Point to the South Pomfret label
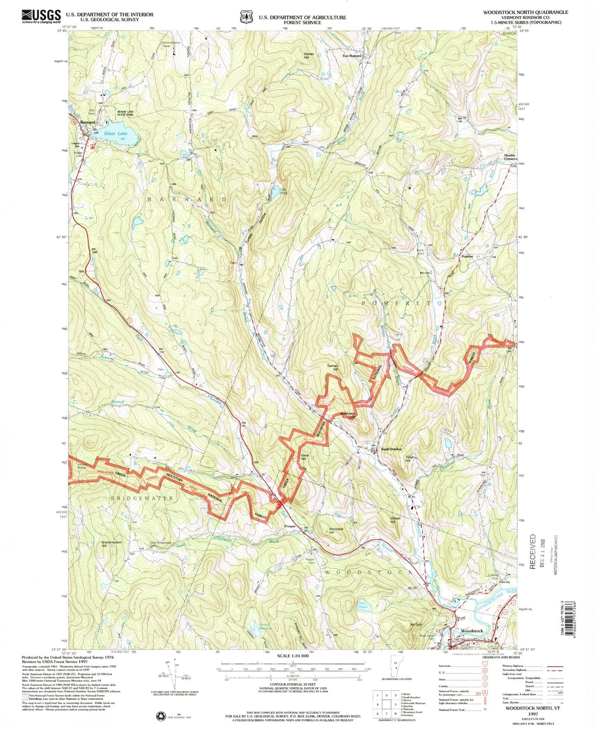click(x=391, y=449)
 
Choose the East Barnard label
click(x=352, y=55)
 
